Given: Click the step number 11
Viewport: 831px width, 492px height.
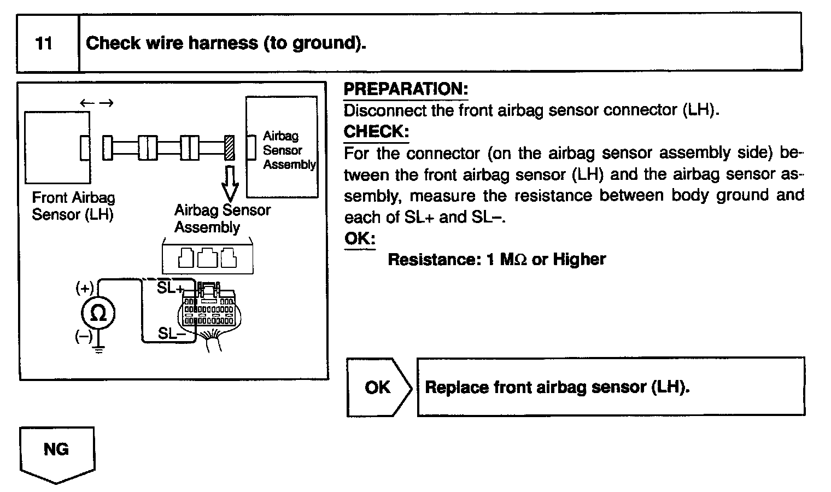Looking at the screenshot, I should [x=44, y=43].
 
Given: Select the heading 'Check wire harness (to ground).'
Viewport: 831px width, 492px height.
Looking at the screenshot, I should [x=226, y=43].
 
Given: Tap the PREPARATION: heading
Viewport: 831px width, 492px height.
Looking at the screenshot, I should [x=406, y=89].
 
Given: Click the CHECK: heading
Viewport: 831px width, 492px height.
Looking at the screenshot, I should [x=376, y=132].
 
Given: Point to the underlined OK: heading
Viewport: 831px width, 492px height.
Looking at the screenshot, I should [x=360, y=239].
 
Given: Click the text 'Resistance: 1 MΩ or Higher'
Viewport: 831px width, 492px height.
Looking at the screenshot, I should [x=496, y=259].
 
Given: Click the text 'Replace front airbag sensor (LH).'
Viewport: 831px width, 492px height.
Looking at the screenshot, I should [x=557, y=387].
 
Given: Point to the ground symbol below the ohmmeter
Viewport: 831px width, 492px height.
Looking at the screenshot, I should [x=98, y=349].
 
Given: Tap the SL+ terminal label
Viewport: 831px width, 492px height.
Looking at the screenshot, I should [x=171, y=288].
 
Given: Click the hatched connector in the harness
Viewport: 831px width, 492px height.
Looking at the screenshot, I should [x=230, y=148].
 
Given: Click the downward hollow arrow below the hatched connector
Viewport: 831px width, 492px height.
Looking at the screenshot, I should [x=230, y=183].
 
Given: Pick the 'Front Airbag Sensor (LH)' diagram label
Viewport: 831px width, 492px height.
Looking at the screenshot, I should [x=73, y=206].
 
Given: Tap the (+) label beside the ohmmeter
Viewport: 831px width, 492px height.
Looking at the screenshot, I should [x=85, y=288].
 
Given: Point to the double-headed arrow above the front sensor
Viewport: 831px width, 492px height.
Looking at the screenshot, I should [x=96, y=103].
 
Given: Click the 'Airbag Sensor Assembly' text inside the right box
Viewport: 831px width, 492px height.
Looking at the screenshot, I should [x=289, y=150].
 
